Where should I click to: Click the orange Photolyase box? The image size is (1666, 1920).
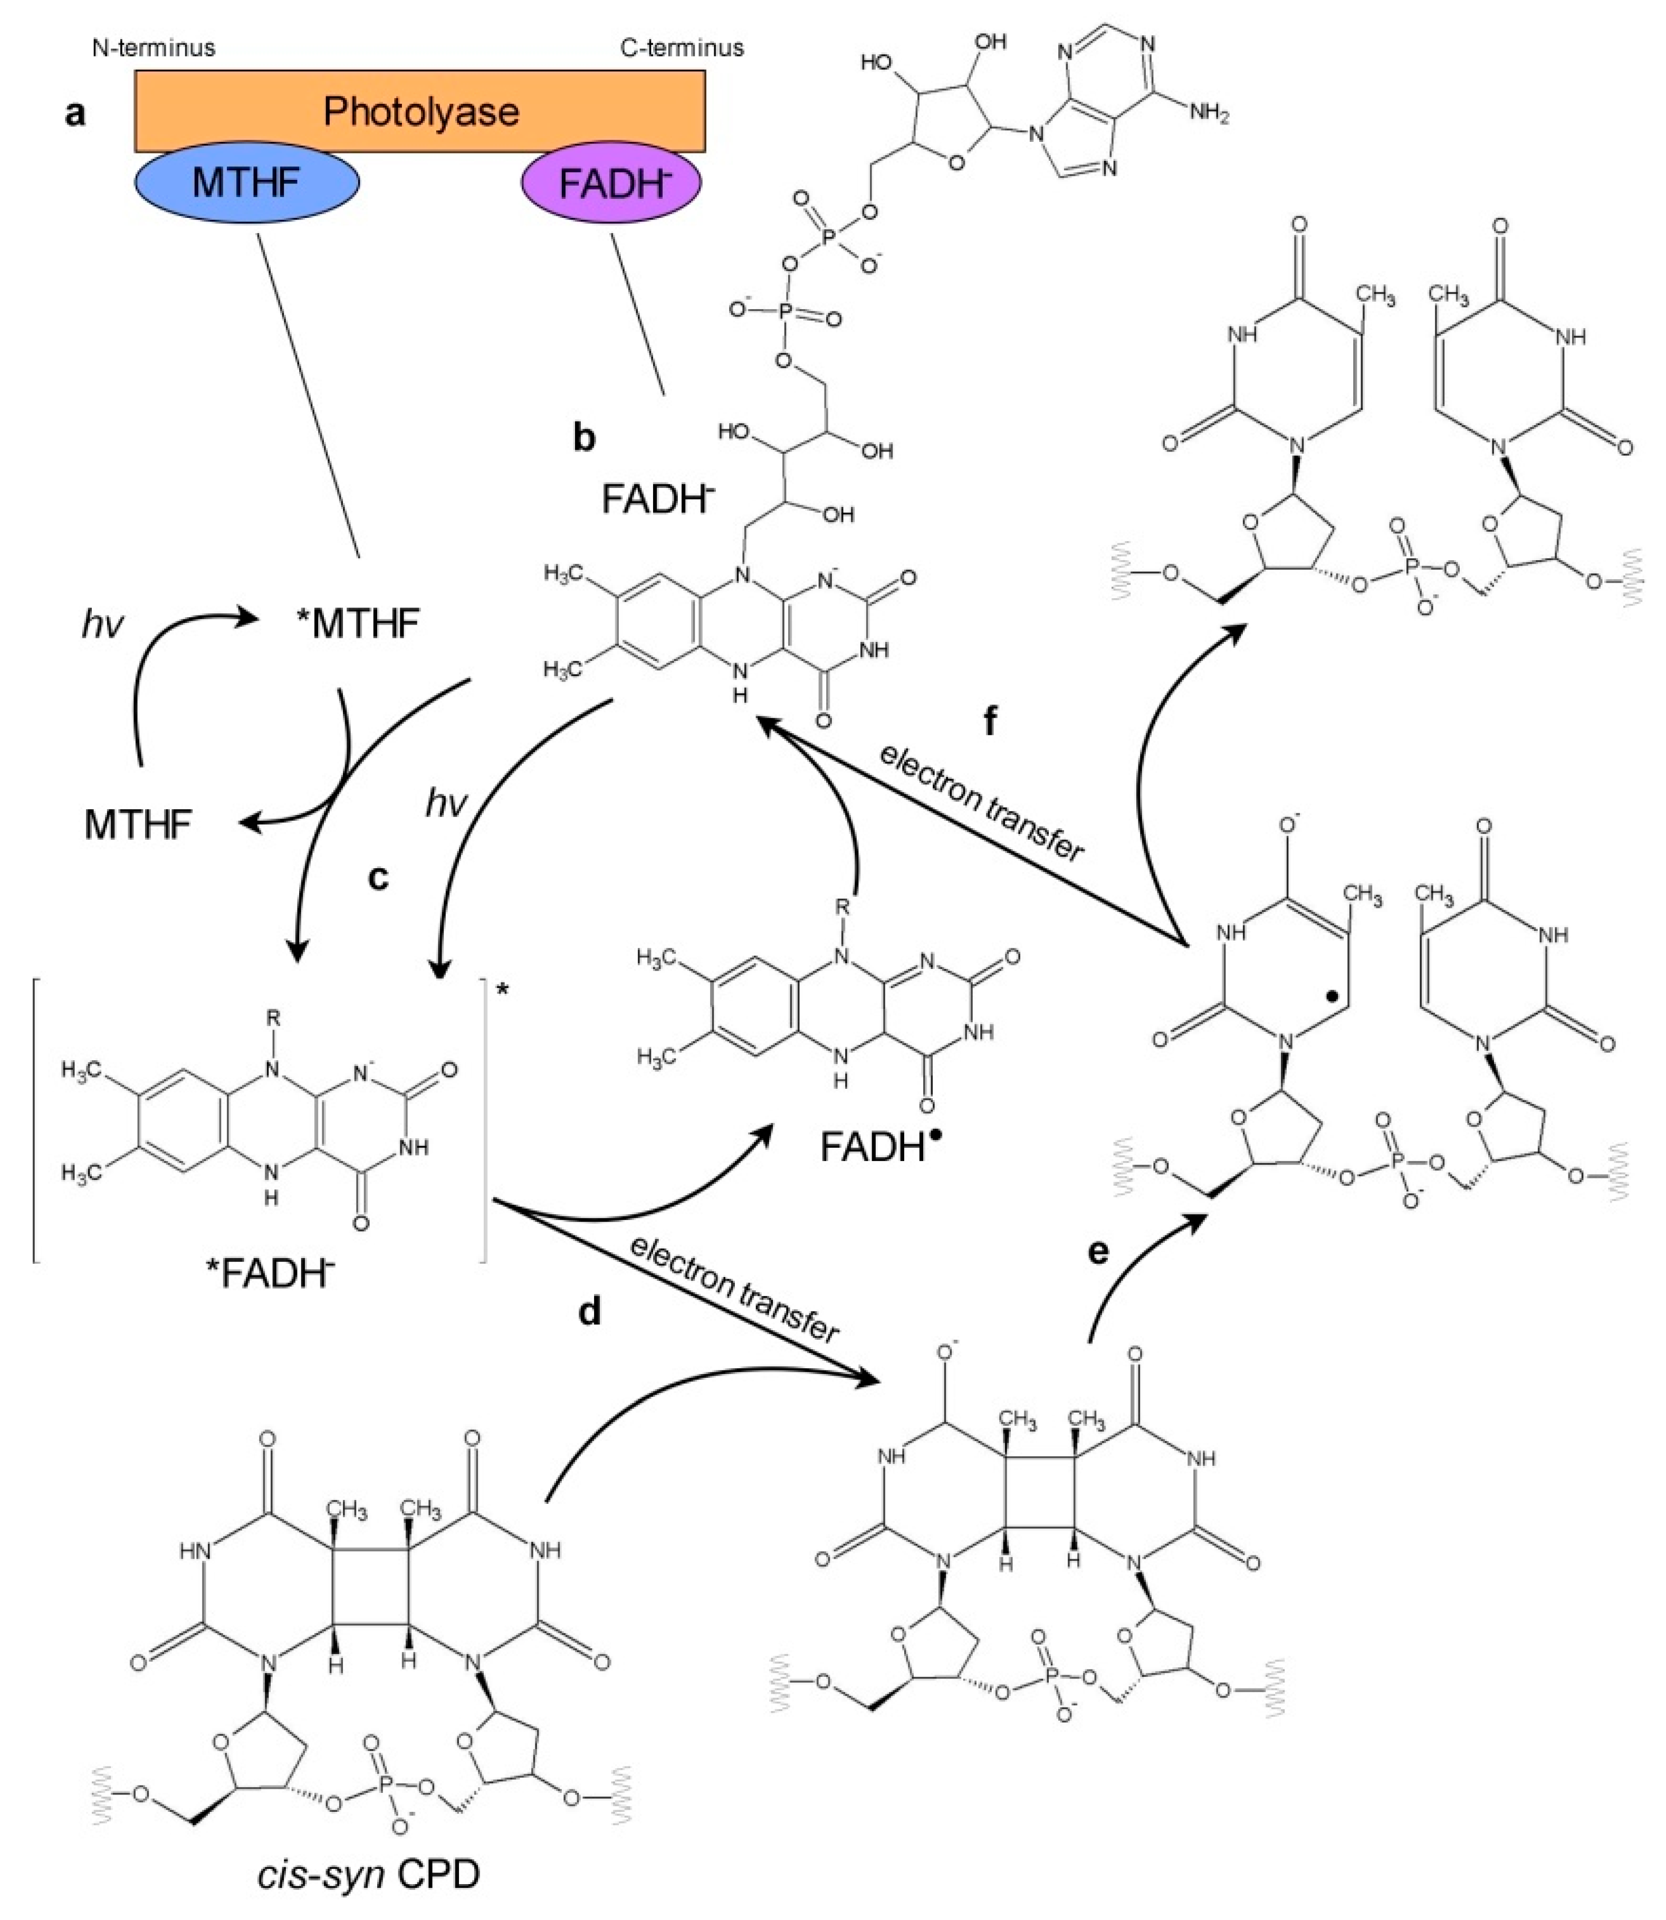coord(420,111)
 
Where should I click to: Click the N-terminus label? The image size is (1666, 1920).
coord(154,47)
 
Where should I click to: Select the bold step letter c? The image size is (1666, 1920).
coord(377,876)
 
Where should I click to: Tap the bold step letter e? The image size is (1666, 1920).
coord(1098,1252)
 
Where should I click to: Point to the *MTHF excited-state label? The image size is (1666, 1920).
coord(357,623)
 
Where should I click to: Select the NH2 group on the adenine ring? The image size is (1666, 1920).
coord(1209,115)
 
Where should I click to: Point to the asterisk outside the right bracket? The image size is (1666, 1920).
coord(503,990)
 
